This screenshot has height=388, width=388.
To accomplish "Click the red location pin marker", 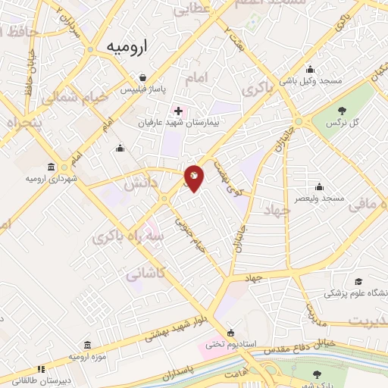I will [x=194, y=177].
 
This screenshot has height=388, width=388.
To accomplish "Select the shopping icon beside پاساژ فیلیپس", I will [x=142, y=77].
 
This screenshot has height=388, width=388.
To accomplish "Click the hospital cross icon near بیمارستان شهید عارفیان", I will [x=178, y=111].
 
